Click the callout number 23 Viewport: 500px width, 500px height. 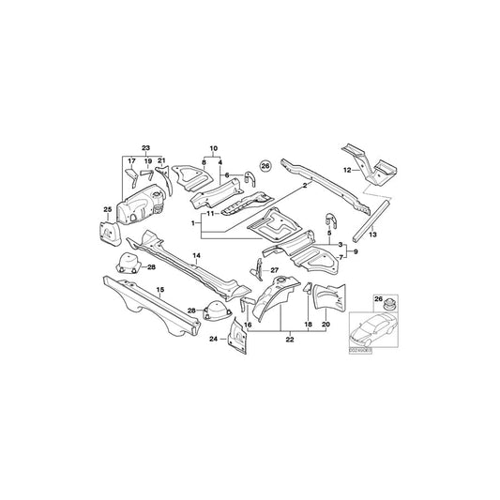tap(145, 149)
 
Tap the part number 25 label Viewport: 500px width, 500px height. tap(107, 208)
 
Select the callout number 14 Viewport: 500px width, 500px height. tap(197, 255)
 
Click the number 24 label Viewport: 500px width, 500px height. tap(213, 339)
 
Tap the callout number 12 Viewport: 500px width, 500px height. tap(347, 171)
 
